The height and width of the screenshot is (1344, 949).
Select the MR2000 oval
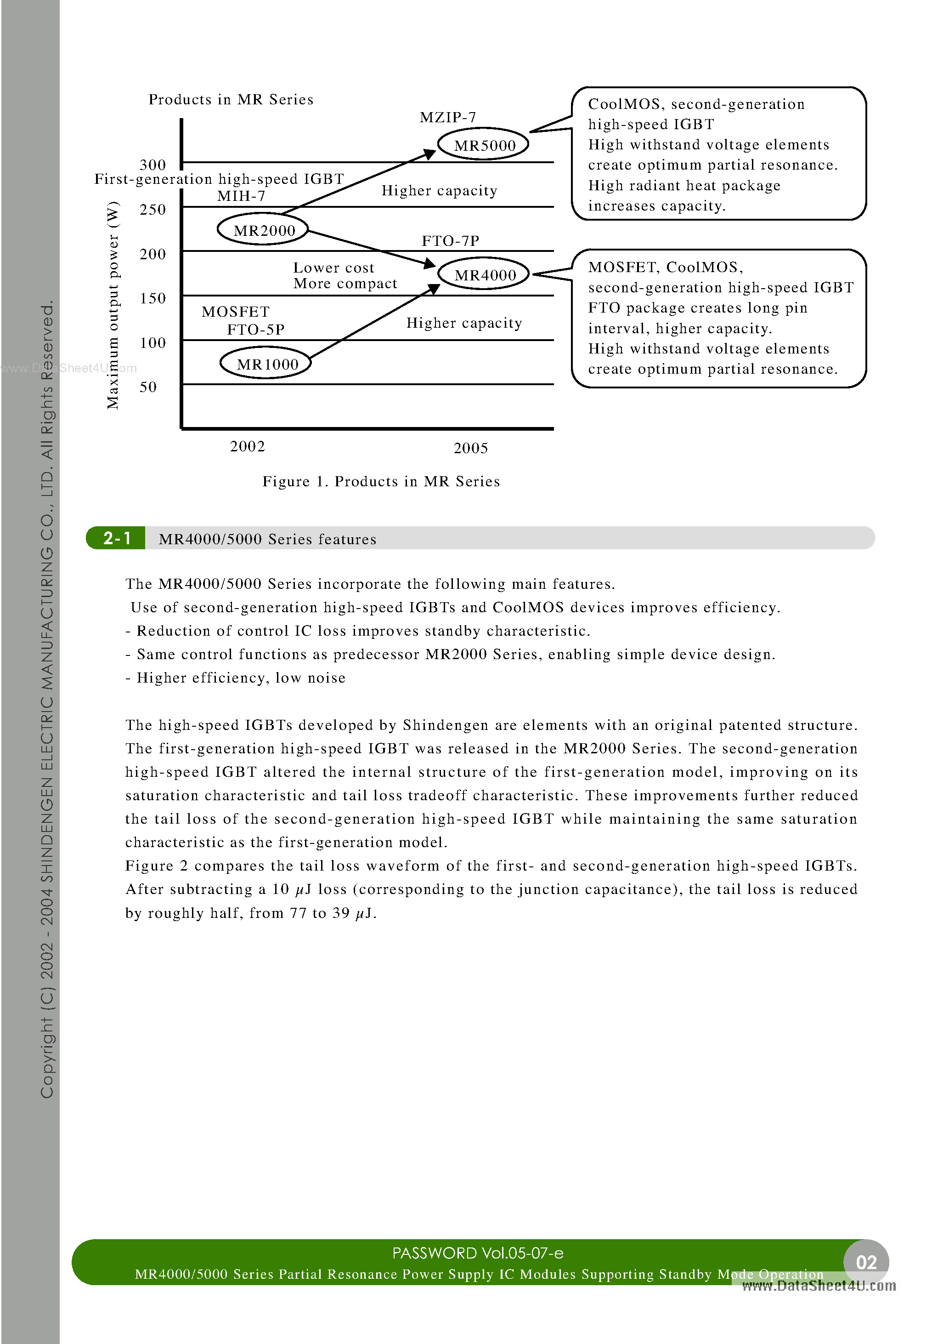[x=263, y=229]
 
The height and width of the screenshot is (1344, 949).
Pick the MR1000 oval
[x=266, y=364]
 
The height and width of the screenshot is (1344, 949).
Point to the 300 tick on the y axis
[x=153, y=165]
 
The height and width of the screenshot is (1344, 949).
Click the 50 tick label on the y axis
[x=148, y=387]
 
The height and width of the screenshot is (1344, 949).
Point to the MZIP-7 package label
[x=447, y=118]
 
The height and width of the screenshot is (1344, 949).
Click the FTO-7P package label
[x=450, y=240]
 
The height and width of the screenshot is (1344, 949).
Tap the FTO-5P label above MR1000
[x=256, y=330]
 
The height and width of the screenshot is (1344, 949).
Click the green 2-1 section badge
[x=116, y=538]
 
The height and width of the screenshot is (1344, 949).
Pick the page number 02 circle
[x=865, y=1262]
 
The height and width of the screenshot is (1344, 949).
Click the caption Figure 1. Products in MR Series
[x=381, y=481]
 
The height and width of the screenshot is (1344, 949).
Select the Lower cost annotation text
[x=333, y=268]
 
